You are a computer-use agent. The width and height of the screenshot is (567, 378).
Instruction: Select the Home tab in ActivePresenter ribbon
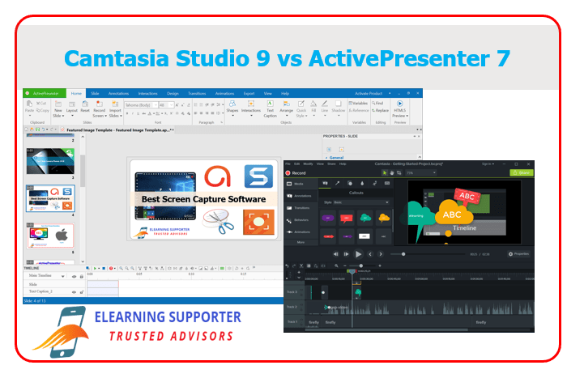click(77, 93)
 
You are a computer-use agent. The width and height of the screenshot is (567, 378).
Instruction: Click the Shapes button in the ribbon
click(232, 109)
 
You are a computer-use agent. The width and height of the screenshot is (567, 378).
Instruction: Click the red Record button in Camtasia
click(296, 172)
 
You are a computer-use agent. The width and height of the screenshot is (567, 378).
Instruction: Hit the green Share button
click(522, 172)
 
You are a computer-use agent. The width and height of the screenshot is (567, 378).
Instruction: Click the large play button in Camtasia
click(358, 254)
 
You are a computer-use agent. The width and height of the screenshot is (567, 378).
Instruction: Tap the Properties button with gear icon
click(518, 254)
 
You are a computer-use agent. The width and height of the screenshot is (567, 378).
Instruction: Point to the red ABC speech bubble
click(467, 195)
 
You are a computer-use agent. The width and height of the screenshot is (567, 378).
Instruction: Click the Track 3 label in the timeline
click(291, 291)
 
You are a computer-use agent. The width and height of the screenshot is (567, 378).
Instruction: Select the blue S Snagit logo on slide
click(258, 176)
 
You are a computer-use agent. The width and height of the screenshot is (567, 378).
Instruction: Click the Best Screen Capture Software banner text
click(203, 199)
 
